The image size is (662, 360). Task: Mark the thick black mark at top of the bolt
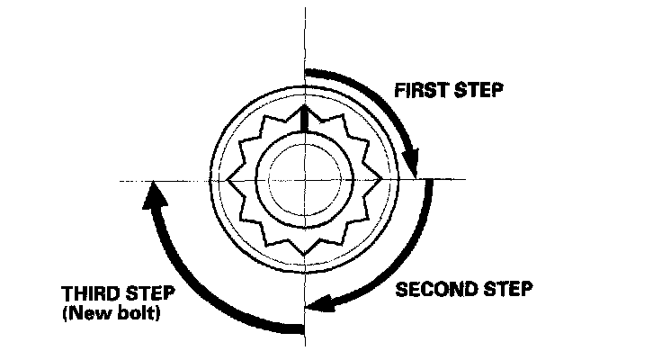(305, 120)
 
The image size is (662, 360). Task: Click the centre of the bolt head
(305, 180)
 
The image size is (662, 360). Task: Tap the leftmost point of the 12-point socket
(230, 180)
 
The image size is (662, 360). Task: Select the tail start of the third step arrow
(300, 328)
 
